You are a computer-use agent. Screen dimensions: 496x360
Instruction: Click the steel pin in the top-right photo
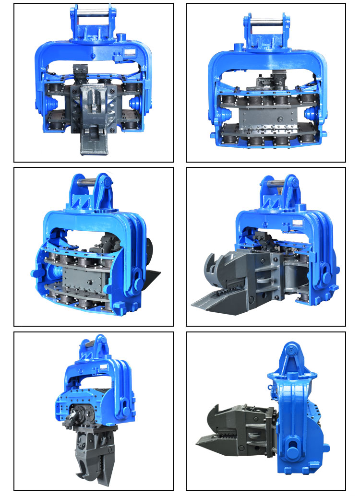(x=265, y=21)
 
